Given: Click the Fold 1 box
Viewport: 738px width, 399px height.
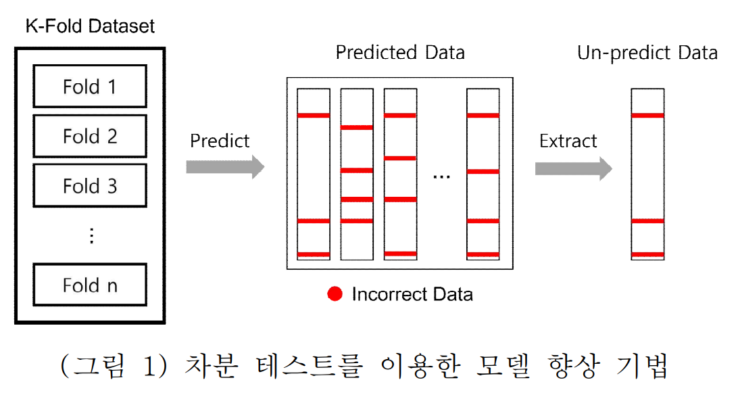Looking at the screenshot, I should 90,87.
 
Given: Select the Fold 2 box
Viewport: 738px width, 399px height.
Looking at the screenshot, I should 90,136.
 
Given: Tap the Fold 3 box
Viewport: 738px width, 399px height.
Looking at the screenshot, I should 90,186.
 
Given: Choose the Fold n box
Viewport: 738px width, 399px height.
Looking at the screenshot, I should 90,285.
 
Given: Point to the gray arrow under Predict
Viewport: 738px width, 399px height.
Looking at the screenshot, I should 225,166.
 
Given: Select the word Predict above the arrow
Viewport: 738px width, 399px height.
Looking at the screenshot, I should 220,141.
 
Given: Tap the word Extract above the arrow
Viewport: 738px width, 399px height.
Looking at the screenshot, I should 568,141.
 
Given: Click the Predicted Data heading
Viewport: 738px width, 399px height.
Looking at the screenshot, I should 400,52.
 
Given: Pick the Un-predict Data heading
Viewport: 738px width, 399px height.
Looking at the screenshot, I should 647,53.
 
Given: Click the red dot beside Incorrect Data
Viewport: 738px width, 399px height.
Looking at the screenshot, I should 335,294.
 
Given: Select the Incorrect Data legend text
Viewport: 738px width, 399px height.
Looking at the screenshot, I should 412,294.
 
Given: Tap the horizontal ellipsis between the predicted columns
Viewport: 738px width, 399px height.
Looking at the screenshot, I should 441,177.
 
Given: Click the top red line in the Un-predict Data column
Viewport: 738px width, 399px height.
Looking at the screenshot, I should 647,116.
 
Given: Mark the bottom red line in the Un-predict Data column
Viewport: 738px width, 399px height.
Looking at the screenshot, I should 647,254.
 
